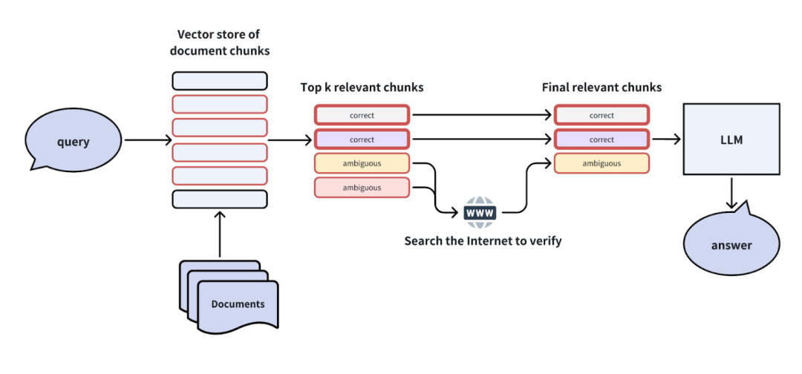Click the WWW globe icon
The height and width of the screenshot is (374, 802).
(479, 212)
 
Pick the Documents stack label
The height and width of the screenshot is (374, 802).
(237, 304)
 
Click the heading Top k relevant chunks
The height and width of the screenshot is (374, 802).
(362, 88)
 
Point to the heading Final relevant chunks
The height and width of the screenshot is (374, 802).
(601, 88)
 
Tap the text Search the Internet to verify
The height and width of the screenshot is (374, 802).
(483, 241)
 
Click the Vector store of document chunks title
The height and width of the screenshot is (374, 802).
(218, 42)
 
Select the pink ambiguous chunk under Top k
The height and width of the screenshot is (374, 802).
(362, 188)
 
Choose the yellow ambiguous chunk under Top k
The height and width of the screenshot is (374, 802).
(362, 163)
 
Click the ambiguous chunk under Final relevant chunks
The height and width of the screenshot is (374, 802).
(601, 163)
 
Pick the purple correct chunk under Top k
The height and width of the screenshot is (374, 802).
(362, 140)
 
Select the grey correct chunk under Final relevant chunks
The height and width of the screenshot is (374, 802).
(601, 115)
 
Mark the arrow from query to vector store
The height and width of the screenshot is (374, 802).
(147, 140)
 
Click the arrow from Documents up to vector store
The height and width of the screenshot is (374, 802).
(220, 234)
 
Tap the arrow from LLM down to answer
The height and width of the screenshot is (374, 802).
(731, 194)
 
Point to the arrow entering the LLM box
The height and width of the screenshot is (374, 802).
(666, 140)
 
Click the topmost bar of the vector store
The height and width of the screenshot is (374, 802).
(219, 80)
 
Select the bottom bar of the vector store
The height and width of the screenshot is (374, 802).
(219, 199)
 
